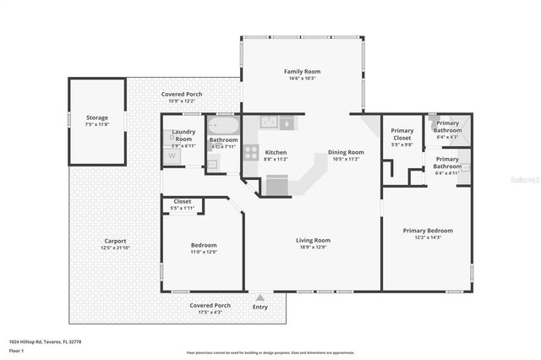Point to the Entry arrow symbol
(x=260, y=297)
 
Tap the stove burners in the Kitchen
(x=251, y=153)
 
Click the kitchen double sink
(x=269, y=122)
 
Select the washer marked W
(x=172, y=155)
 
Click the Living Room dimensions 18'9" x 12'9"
(x=313, y=248)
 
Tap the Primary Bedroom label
(x=427, y=231)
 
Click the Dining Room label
(x=345, y=152)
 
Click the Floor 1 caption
(x=16, y=350)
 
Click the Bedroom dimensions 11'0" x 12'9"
(x=203, y=252)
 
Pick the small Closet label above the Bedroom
(x=183, y=201)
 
